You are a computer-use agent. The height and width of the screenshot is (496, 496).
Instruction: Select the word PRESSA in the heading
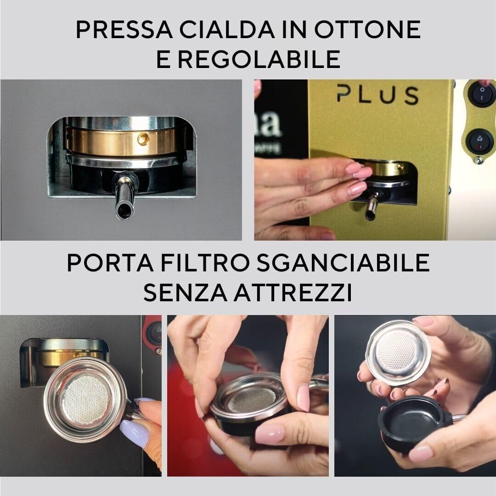point(124,30)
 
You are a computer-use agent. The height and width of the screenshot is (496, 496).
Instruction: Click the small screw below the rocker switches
point(479,160)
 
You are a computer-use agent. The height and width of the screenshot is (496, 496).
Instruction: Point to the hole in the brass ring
point(143,137)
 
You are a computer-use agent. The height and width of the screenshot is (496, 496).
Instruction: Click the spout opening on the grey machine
point(124,212)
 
